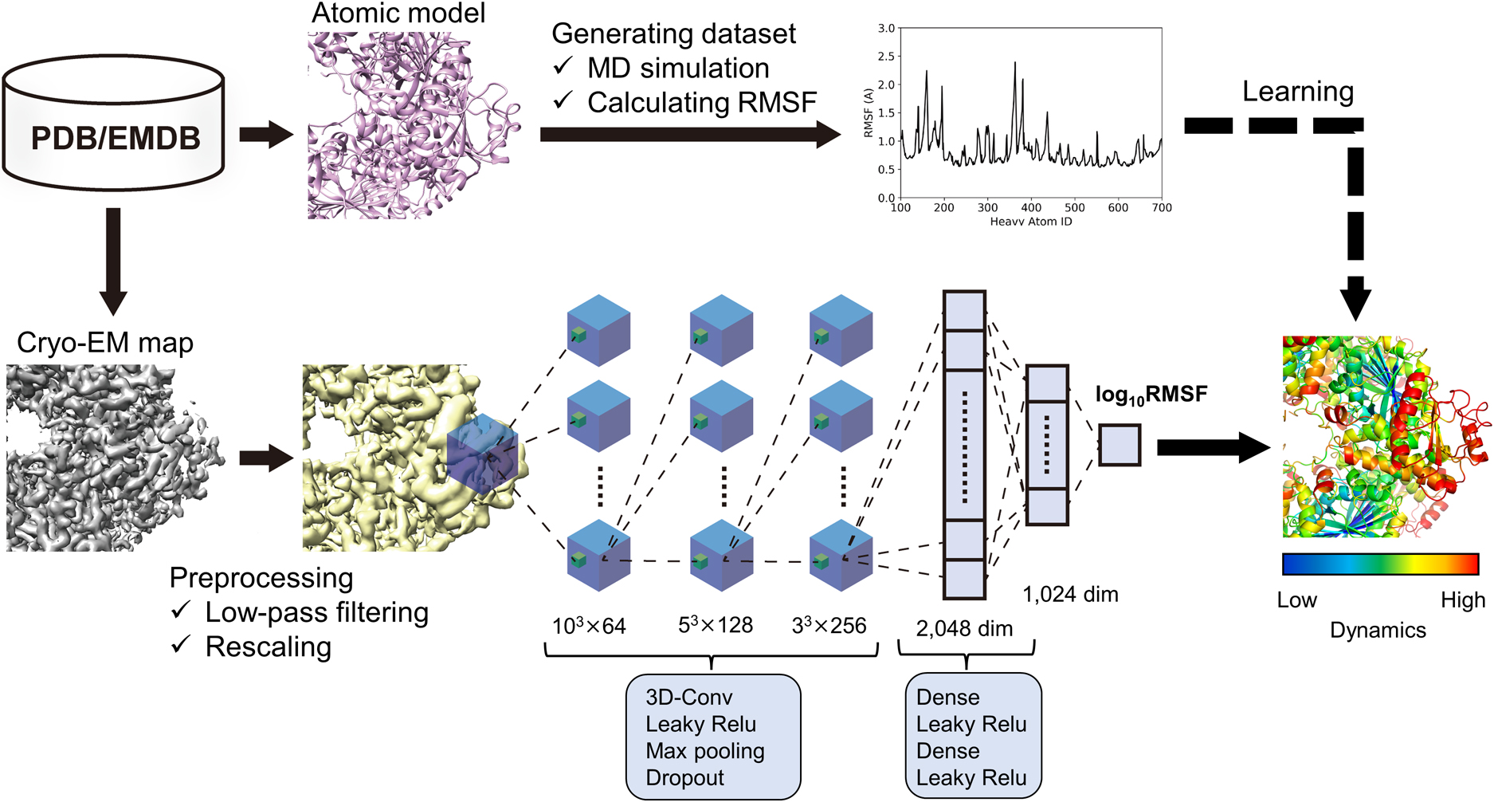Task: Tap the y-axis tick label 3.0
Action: [x=885, y=29]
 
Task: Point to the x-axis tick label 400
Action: [x=1031, y=208]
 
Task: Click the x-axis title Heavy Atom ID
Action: [x=1030, y=222]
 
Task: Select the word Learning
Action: [x=1297, y=92]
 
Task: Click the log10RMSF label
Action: [x=1151, y=395]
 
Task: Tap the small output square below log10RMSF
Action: [x=1120, y=445]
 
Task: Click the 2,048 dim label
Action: [x=964, y=629]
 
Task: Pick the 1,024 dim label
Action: [x=1070, y=595]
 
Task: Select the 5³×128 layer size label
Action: [x=715, y=626]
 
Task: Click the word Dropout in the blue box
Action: [x=684, y=778]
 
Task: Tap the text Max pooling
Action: [x=704, y=751]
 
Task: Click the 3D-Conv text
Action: [x=688, y=698]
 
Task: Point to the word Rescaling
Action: [x=268, y=647]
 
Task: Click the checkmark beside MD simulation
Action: [x=563, y=67]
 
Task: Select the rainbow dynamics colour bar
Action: [x=1380, y=564]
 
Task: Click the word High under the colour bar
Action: [x=1462, y=600]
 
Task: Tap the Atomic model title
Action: [x=398, y=14]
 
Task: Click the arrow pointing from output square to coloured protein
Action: [x=1212, y=447]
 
